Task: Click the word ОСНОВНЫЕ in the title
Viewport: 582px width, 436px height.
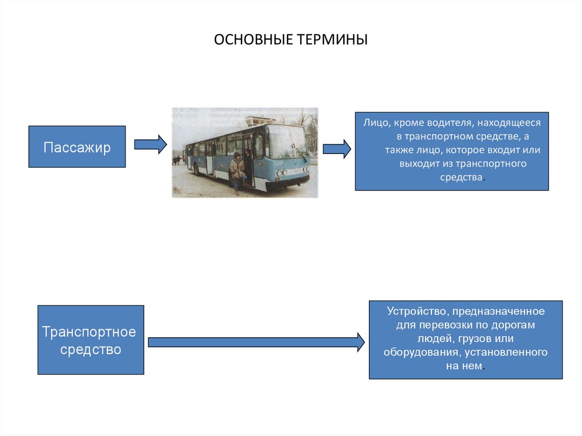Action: tap(253, 40)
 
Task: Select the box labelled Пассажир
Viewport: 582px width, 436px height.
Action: tap(77, 147)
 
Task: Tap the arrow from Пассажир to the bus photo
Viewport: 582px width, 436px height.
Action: tap(150, 144)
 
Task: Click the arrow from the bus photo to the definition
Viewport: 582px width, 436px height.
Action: tap(337, 149)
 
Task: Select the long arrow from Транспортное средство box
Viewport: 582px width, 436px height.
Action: tap(256, 342)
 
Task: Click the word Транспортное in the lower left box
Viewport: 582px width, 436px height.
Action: tap(89, 331)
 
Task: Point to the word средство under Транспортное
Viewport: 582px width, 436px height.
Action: tap(91, 349)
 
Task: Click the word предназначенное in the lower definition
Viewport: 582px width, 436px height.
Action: tap(500, 312)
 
